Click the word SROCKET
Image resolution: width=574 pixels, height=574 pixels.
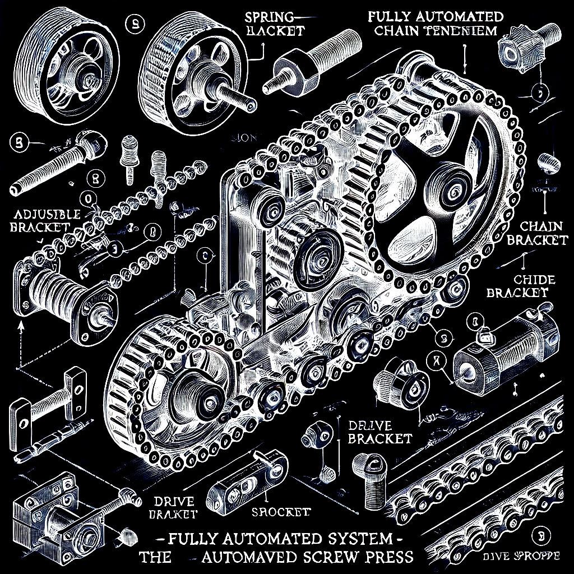[x=281, y=512]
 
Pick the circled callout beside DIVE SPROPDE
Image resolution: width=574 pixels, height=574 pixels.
[x=541, y=534]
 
